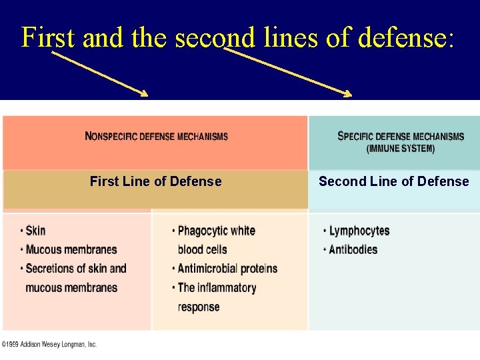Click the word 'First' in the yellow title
point(48,37)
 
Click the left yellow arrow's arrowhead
point(145,94)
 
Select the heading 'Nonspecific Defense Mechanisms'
point(157,137)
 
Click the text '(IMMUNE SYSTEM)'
point(401,149)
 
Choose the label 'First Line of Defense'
point(155,181)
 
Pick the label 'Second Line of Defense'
point(393,181)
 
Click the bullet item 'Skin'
point(35,231)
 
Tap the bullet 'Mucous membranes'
point(71,250)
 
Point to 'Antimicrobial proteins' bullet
point(227,269)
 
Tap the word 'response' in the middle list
point(199,307)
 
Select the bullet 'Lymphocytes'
point(359,231)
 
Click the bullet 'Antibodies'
point(353,250)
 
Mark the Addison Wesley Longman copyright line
point(49,345)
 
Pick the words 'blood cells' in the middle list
point(203,250)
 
